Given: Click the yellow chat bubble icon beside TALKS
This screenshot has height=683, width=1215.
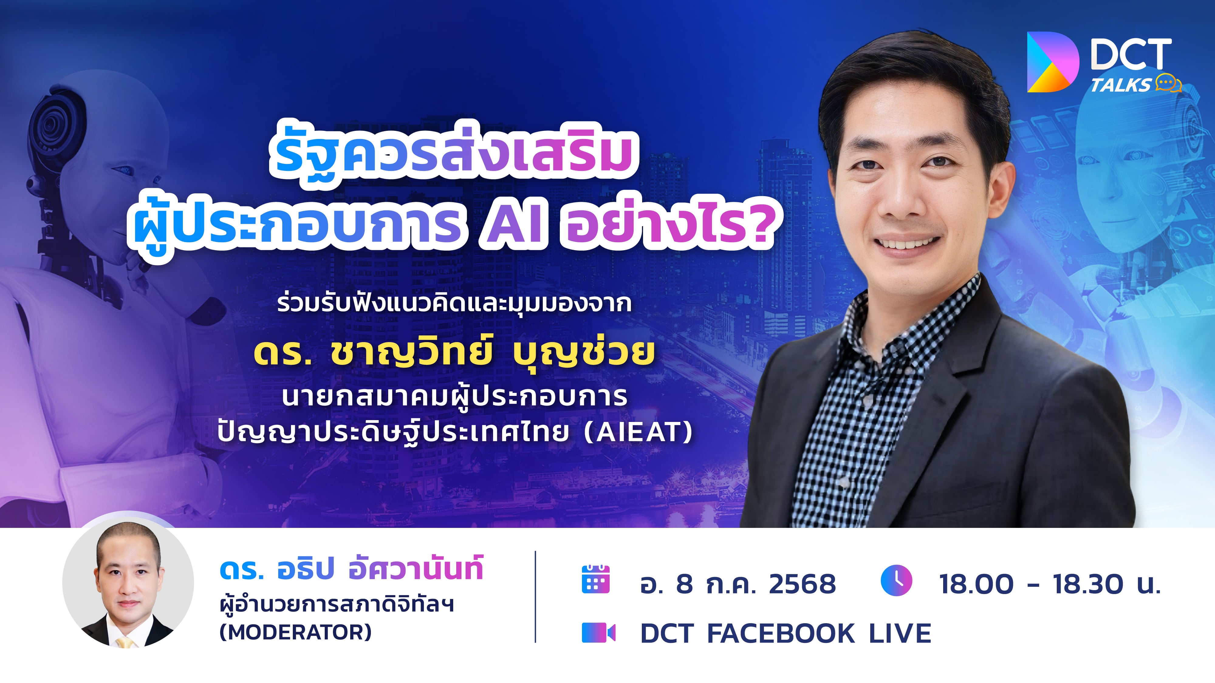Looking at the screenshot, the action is coord(1168,83).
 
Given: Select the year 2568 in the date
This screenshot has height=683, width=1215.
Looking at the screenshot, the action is coord(802,584).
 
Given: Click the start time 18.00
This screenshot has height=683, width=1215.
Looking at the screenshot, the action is coord(976,584).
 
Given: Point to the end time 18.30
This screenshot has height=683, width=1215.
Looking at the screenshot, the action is coord(1088,584).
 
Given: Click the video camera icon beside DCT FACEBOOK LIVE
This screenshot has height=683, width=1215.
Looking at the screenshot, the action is coord(598,633).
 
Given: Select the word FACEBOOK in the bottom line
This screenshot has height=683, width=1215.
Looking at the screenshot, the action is coord(781,633).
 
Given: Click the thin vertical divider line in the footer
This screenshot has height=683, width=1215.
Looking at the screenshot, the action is coord(535,596).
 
